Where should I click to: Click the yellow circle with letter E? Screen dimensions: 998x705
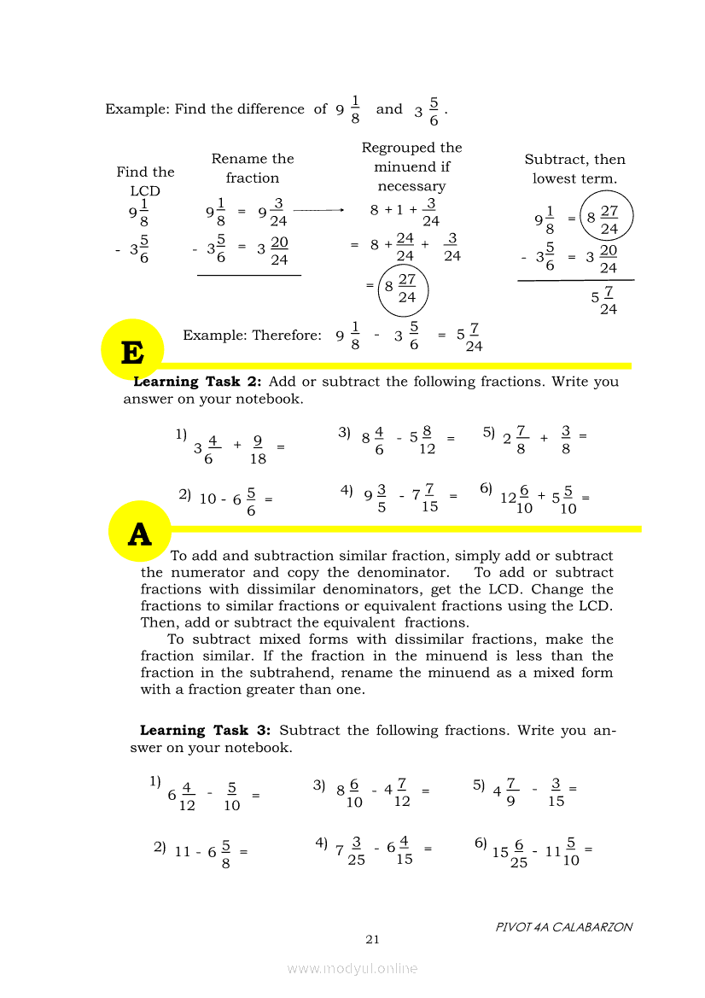pos(131,350)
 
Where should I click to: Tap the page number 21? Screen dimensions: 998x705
pos(372,939)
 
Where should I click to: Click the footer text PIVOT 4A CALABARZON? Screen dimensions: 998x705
pos(564,926)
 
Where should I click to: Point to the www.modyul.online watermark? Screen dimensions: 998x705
pos(352,968)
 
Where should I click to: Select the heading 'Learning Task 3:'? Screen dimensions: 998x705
pos(206,730)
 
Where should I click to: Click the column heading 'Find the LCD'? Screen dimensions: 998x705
pos(145,181)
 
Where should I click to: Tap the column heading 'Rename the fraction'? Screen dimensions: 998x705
pos(253,168)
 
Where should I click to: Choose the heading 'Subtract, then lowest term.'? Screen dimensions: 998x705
pos(574,169)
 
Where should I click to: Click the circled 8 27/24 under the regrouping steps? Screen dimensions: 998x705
pos(400,289)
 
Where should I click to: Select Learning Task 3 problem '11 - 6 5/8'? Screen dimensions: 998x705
pos(206,853)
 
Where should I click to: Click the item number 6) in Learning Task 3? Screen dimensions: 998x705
pos(481,843)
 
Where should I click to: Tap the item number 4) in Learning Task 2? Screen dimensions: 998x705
pos(347,490)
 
